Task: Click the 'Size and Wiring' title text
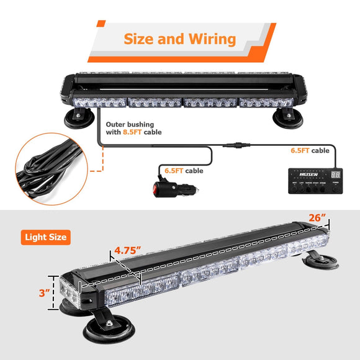point(179,39)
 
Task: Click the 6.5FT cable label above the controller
point(310,150)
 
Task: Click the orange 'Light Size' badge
point(46,236)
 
